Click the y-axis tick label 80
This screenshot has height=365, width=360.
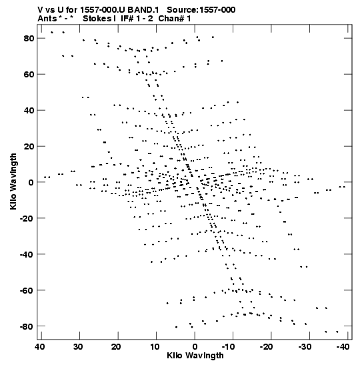[x=29, y=39]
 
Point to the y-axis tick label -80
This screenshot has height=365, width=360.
[x=27, y=326]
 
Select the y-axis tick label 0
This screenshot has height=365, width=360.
[x=31, y=183]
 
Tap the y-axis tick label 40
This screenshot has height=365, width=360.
[x=29, y=110]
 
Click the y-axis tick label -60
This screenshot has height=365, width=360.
[x=27, y=290]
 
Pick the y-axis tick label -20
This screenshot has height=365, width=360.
[x=27, y=218]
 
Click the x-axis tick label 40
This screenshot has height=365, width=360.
[x=39, y=347]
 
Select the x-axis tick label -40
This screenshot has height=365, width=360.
[x=343, y=347]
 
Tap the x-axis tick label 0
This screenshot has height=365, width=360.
[x=195, y=347]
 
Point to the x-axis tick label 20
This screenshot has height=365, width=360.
[x=116, y=347]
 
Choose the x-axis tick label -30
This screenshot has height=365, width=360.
[x=305, y=347]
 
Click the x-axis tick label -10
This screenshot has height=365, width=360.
[x=228, y=347]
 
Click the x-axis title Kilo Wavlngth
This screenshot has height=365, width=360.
[x=195, y=356]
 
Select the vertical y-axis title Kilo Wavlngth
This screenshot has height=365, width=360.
[x=13, y=181]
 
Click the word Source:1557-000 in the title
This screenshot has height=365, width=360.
[x=201, y=10]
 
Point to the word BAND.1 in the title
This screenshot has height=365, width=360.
[x=143, y=10]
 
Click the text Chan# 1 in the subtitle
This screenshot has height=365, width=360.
[x=175, y=19]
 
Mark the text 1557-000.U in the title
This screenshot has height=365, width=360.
[x=103, y=10]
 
